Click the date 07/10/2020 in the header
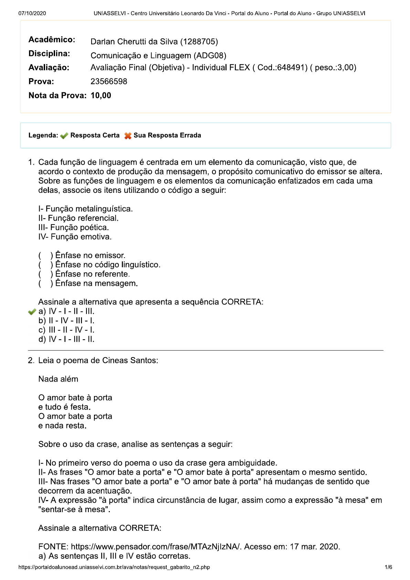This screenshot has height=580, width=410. click(32, 13)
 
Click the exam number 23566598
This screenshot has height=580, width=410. click(109, 82)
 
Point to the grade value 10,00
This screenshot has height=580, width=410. click(101, 95)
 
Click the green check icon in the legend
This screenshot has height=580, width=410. click(64, 136)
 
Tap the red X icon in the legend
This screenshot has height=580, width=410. click(128, 136)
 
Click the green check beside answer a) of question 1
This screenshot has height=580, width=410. click(32, 312)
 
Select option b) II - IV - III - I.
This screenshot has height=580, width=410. click(66, 321)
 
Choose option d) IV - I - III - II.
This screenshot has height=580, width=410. click(66, 339)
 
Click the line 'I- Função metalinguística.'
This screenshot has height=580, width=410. click(85, 209)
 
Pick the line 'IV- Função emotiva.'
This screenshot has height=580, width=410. click(75, 237)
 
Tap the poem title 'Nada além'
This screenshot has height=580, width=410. click(58, 379)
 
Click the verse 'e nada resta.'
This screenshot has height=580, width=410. click(62, 426)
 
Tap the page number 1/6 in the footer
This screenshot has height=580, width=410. click(388, 567)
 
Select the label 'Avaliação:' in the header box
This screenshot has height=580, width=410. click(49, 68)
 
